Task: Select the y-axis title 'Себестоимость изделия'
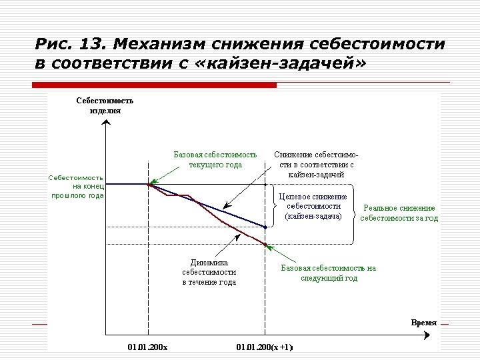[105, 105]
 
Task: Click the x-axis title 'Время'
[424, 323]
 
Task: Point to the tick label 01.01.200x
[147, 347]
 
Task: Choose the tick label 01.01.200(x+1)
[265, 347]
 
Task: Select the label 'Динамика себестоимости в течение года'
[209, 272]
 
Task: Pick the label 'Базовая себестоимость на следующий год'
[328, 273]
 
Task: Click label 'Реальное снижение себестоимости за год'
[399, 213]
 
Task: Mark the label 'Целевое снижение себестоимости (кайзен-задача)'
[313, 207]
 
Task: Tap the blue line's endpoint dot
[265, 227]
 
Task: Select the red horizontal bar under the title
[155, 85]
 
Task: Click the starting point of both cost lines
[149, 184]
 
